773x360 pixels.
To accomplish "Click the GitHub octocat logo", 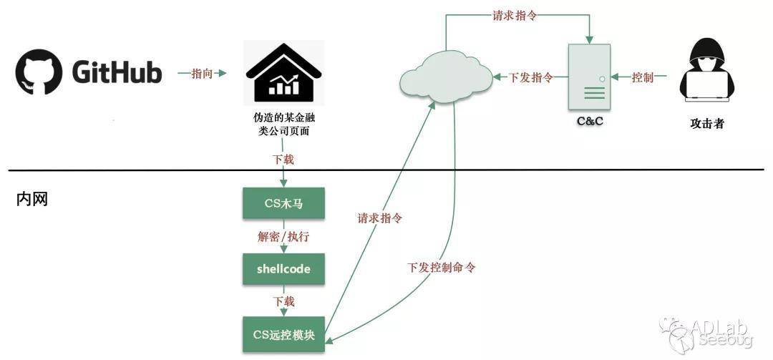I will [39, 72].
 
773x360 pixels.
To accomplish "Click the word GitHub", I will [117, 72].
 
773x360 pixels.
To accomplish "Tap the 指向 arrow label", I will [202, 74].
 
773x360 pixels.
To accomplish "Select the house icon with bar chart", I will [284, 71].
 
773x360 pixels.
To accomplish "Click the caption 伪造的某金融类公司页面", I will [284, 125].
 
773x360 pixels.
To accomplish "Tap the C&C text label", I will [590, 122].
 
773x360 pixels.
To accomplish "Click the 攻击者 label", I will [706, 124].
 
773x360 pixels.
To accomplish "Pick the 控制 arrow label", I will [643, 77].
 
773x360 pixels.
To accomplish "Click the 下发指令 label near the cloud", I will [530, 77].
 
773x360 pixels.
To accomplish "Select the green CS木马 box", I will [283, 204].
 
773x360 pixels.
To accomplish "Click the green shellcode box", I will [283, 270].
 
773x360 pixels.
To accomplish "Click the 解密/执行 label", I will [283, 237].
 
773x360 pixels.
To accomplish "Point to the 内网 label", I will [31, 199].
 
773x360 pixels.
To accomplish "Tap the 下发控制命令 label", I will [442, 268].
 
